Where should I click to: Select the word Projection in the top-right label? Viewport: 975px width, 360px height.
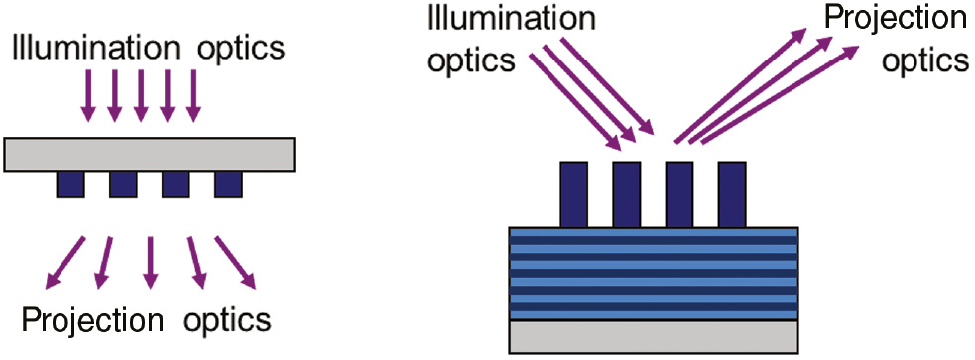[x=895, y=19]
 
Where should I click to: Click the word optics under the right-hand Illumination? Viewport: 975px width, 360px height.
[x=471, y=60]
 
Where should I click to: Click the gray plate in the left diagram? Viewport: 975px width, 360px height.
[x=149, y=153]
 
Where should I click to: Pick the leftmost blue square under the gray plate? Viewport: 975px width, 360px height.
[x=70, y=183]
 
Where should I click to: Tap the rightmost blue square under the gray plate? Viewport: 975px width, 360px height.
[x=229, y=183]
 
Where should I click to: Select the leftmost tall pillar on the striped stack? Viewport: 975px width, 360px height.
[x=574, y=194]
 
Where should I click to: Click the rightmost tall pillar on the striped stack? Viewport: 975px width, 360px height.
[x=731, y=194]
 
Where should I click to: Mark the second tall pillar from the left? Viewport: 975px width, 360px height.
[x=627, y=194]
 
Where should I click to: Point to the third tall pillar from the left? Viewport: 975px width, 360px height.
[x=679, y=194]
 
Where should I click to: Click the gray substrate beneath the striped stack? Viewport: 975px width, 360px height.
[x=654, y=337]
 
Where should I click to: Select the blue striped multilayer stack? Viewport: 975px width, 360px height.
[x=654, y=274]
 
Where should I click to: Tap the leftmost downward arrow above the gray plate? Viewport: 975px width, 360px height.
[x=89, y=94]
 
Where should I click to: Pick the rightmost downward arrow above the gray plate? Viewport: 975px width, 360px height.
[x=193, y=94]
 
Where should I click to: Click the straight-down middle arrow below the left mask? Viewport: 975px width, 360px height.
[x=150, y=262]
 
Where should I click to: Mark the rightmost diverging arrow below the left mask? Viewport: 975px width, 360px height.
[x=236, y=263]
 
